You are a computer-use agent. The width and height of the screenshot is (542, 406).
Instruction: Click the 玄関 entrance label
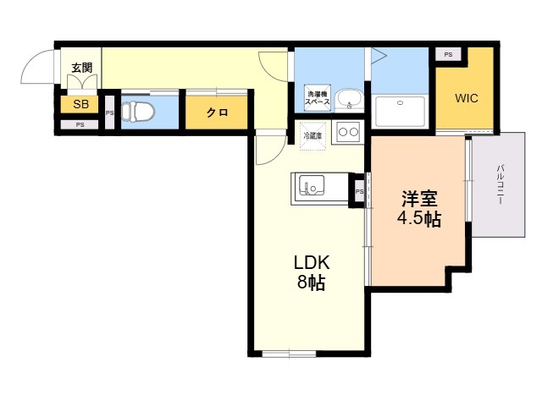[82, 68]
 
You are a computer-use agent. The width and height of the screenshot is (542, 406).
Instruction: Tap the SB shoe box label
[81, 104]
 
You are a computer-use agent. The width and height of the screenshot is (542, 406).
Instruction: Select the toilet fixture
[138, 112]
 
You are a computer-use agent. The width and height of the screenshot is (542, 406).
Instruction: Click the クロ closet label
[217, 112]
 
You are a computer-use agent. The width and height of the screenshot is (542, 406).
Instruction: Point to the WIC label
[467, 98]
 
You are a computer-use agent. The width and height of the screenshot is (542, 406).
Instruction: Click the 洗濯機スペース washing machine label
[317, 98]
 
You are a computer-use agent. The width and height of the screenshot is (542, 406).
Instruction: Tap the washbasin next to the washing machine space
[350, 99]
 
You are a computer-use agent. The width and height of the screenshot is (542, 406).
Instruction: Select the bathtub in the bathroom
[400, 112]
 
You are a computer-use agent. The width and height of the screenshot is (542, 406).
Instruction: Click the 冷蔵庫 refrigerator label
[312, 135]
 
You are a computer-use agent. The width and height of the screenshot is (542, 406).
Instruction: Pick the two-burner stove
[348, 132]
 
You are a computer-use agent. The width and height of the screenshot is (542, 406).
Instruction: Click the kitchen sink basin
[312, 185]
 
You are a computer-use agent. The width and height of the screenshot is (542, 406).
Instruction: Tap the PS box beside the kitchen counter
[359, 191]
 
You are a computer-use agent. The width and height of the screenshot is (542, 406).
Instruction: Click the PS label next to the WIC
[448, 54]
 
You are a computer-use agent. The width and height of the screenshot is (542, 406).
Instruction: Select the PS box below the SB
[80, 124]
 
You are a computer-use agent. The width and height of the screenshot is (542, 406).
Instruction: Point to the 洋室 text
[419, 199]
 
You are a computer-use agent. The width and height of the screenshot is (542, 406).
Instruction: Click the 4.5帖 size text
[419, 218]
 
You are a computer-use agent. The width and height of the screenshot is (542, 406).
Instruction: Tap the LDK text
[312, 263]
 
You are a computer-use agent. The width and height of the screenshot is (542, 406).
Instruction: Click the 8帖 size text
[311, 283]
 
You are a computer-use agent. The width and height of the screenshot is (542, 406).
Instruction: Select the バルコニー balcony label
[500, 184]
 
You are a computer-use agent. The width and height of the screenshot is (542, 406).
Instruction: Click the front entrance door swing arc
[31, 58]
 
